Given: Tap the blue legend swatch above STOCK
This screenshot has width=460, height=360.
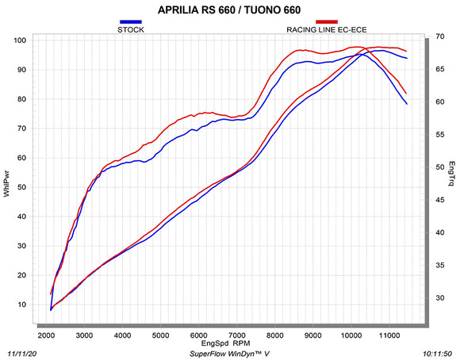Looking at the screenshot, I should [131, 21].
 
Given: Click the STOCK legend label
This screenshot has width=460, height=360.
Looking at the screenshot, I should [131, 29].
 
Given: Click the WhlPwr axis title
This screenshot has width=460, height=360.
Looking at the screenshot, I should [7, 184].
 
